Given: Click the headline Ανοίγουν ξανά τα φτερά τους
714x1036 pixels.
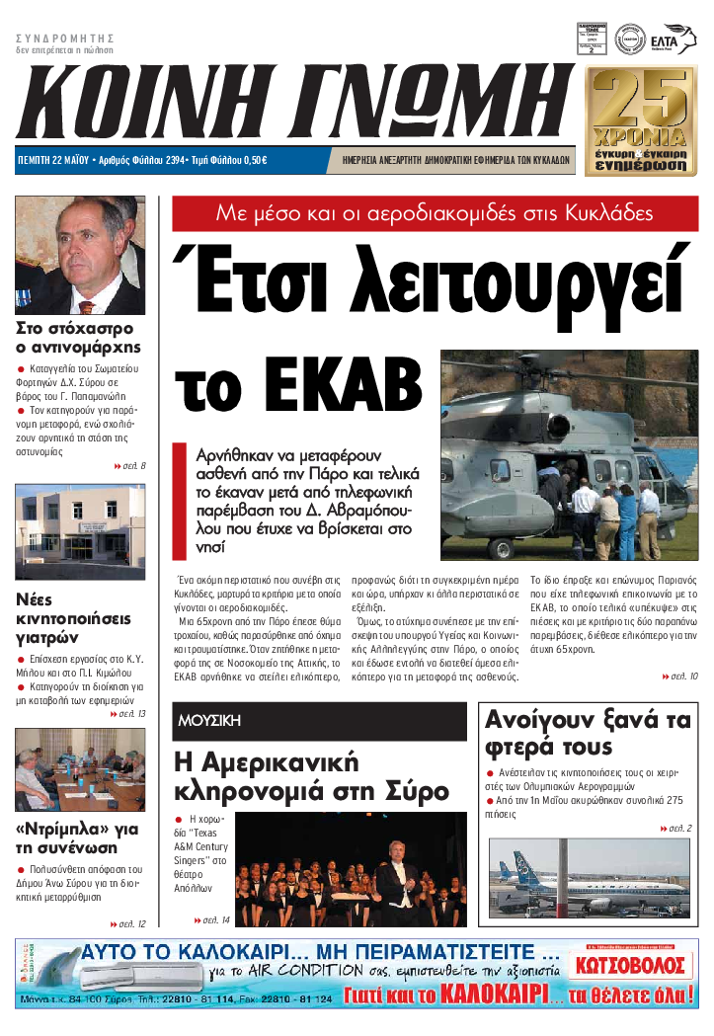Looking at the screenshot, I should [587, 733].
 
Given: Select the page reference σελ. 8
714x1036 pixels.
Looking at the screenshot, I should [130, 465].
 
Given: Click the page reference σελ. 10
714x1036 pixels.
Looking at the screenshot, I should [681, 676].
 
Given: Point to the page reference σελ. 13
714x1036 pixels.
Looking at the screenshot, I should [130, 713].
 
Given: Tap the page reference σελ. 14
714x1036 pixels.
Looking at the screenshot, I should [212, 920].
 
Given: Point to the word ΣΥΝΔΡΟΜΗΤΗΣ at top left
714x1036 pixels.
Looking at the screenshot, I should [60, 37].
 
